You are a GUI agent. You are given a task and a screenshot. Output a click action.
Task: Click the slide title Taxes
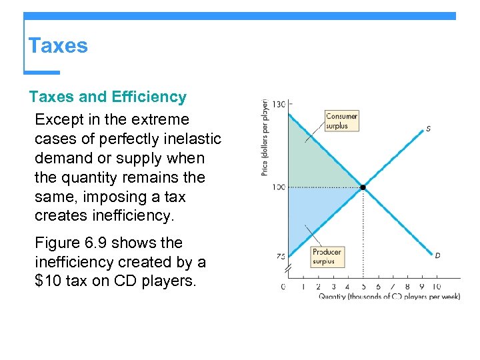click(x=58, y=46)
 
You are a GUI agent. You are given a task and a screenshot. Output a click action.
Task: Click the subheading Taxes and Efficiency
click(x=108, y=97)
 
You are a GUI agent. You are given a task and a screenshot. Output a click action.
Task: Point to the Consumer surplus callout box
click(x=341, y=121)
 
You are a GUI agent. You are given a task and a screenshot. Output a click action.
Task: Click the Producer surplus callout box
click(x=327, y=257)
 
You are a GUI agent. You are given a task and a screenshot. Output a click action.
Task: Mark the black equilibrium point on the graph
click(x=363, y=187)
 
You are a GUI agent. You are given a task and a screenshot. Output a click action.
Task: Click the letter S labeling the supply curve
click(x=428, y=129)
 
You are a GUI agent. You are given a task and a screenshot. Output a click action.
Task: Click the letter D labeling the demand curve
click(x=437, y=255)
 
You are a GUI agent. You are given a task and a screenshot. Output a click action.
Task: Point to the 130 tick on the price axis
click(x=278, y=104)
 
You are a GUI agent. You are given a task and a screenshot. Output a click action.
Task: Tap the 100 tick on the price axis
click(x=278, y=187)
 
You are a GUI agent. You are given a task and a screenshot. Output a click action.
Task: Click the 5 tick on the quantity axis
click(x=363, y=287)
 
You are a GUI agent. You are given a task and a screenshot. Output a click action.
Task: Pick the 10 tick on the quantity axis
click(x=437, y=287)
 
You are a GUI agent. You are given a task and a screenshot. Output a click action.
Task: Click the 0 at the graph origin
click(x=283, y=287)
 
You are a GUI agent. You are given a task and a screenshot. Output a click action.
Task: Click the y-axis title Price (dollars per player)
click(x=265, y=138)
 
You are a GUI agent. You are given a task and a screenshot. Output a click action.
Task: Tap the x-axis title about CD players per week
click(x=389, y=297)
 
